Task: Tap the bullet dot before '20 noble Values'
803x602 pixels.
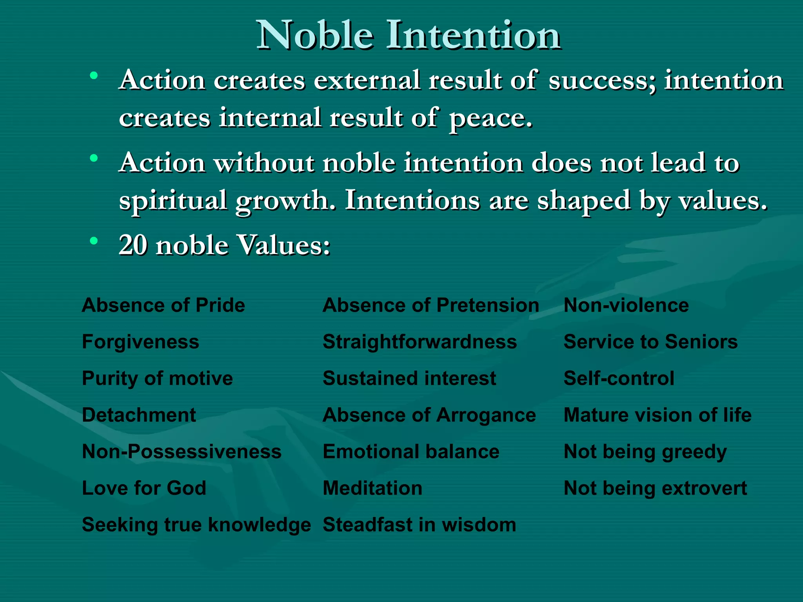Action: tap(93, 241)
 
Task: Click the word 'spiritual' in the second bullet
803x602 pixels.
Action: tap(173, 201)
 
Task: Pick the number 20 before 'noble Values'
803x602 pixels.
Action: tap(133, 245)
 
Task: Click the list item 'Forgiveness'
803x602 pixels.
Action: tap(140, 342)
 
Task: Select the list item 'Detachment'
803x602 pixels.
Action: tap(139, 415)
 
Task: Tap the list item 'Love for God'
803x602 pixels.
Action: tap(144, 488)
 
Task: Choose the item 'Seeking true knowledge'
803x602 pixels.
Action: tap(196, 525)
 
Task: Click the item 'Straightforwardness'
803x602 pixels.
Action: tap(420, 342)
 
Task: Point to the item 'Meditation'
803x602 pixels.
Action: tap(372, 488)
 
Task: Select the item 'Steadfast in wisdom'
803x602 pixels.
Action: tap(419, 525)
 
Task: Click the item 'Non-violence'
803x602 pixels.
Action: tap(626, 305)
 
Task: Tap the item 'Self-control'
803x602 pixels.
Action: tap(619, 379)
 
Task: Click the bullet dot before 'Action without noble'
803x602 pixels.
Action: tap(93, 158)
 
